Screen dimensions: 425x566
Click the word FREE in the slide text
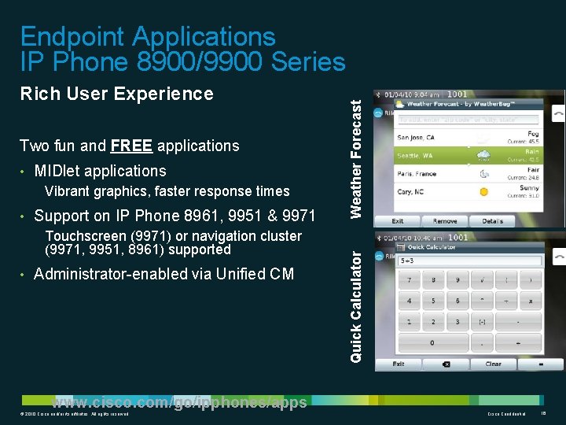click(132, 146)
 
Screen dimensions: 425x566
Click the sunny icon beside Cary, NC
click(484, 192)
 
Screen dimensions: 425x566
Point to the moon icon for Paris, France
click(484, 174)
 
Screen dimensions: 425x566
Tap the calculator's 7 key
click(410, 281)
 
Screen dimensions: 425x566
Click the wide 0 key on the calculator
click(431, 343)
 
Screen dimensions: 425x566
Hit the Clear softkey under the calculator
click(493, 364)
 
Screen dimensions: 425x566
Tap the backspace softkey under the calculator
click(447, 364)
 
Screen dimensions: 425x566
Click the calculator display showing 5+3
click(469, 261)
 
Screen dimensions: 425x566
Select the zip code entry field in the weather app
click(469, 120)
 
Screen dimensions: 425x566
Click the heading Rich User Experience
click(116, 94)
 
